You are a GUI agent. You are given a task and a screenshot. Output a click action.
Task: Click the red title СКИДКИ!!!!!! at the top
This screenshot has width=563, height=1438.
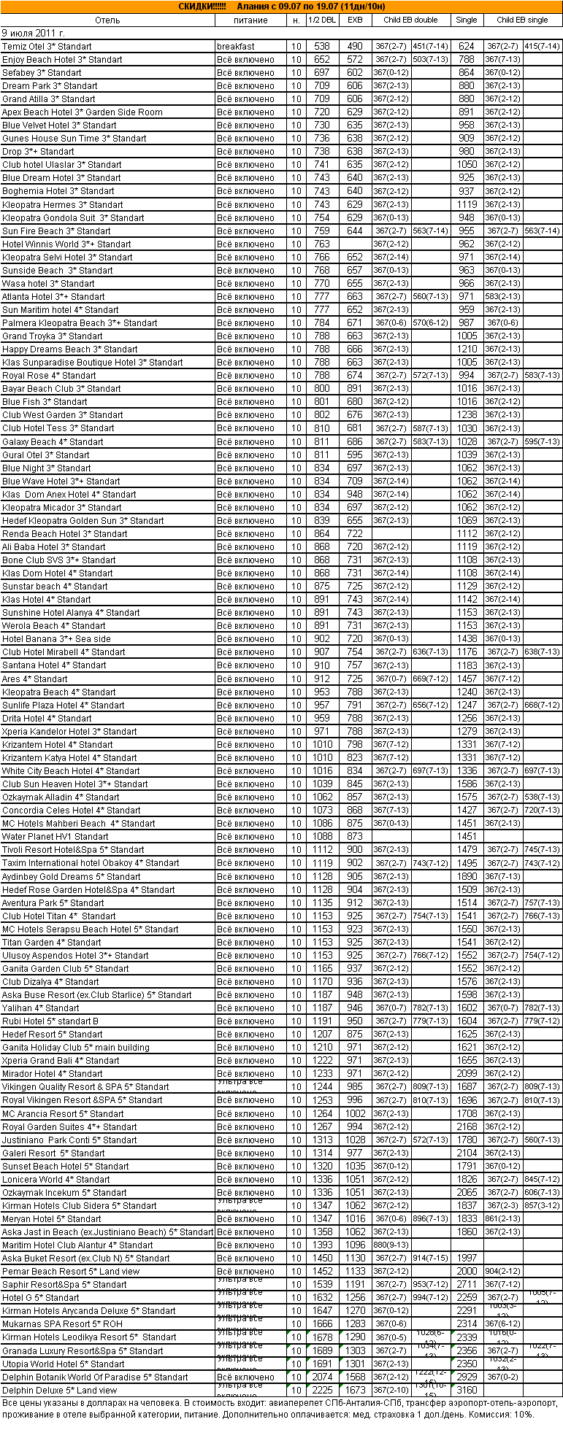point(202,7)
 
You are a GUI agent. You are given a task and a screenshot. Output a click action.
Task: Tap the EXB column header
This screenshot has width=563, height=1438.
point(355,20)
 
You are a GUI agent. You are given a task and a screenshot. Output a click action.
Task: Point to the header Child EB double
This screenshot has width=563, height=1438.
point(410,20)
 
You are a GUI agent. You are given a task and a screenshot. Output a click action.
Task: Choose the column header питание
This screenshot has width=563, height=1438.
point(250,20)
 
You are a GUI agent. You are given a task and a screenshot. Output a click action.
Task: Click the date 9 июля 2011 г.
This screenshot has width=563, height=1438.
point(34,33)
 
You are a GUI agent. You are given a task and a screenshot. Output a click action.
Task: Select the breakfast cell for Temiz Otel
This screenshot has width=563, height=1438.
point(235,47)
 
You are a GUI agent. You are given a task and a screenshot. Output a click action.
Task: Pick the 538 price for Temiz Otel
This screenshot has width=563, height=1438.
point(322,47)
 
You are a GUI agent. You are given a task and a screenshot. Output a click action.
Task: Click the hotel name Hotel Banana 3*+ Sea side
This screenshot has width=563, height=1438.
point(56,639)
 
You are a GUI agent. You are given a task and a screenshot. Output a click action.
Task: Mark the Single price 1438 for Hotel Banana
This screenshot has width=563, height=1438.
point(467,639)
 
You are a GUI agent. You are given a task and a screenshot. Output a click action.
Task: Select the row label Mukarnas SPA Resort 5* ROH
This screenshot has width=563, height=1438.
point(62,1324)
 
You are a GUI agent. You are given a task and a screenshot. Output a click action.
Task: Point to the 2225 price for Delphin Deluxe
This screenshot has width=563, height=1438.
point(322,1391)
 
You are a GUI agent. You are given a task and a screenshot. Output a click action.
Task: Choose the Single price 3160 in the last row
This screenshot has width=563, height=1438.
point(467,1391)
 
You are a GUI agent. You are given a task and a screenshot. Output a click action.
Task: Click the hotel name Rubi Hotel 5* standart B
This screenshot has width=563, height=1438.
point(50,1021)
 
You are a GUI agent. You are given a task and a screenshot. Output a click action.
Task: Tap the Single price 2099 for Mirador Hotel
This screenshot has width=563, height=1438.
point(467,1074)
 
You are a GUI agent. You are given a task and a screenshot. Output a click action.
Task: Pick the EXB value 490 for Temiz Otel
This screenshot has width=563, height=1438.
point(355,47)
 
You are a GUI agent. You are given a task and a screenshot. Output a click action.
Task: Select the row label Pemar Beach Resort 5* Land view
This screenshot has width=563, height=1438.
point(71,1272)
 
